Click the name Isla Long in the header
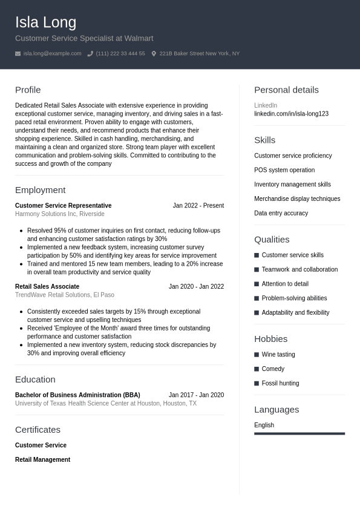(45, 22)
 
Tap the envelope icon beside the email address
(18, 54)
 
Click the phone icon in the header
(90, 54)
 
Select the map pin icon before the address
(154, 54)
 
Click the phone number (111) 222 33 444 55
(120, 54)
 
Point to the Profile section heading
(28, 90)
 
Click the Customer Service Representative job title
(63, 206)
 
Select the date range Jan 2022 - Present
(198, 206)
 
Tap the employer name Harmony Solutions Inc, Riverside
(59, 214)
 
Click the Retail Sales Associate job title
(47, 287)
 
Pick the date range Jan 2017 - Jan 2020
(196, 395)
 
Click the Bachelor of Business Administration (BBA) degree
(77, 395)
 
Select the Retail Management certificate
(42, 460)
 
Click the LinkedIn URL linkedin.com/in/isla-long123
(291, 114)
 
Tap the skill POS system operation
(284, 170)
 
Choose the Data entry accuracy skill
(281, 213)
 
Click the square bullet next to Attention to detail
(257, 284)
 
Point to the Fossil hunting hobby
(280, 383)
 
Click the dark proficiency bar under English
(299, 433)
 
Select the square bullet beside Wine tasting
(257, 355)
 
